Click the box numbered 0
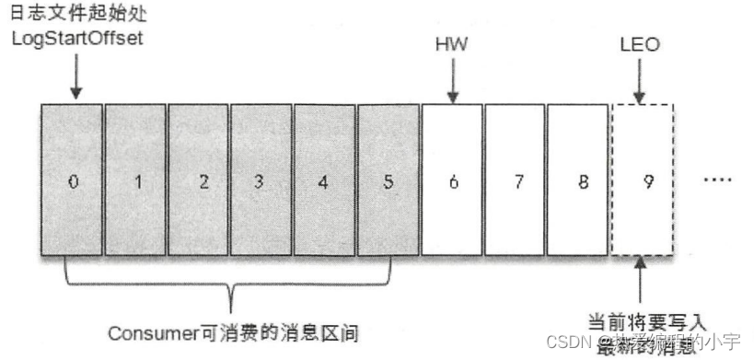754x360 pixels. pyautogui.click(x=72, y=180)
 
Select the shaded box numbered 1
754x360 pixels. pyautogui.click(x=135, y=180)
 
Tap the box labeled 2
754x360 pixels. pyautogui.click(x=199, y=180)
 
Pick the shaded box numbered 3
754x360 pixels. pyautogui.click(x=261, y=180)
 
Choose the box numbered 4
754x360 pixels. pyautogui.click(x=324, y=180)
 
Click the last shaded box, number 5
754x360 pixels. pyautogui.click(x=388, y=180)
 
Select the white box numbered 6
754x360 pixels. pyautogui.click(x=451, y=180)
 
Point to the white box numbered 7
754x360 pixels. pyautogui.click(x=515, y=180)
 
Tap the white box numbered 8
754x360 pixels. pyautogui.click(x=578, y=180)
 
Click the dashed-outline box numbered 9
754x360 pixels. pyautogui.click(x=643, y=180)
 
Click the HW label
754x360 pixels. pyautogui.click(x=451, y=44)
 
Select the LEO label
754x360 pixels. pyautogui.click(x=641, y=44)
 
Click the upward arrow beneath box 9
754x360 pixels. pyautogui.click(x=643, y=283)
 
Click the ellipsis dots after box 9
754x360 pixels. pyautogui.click(x=717, y=181)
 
